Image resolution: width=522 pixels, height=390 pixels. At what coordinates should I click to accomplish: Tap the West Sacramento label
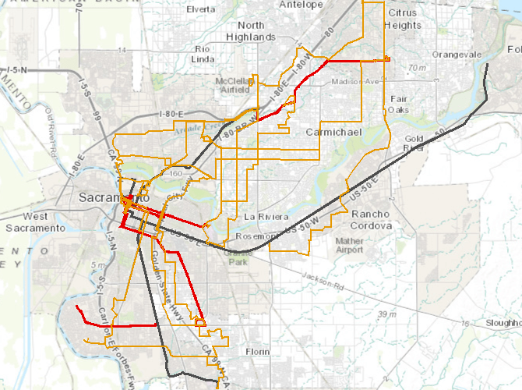(x=34, y=222)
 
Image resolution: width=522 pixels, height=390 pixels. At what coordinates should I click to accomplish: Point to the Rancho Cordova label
(x=371, y=220)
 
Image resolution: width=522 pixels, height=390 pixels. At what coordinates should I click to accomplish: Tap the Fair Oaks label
(x=399, y=105)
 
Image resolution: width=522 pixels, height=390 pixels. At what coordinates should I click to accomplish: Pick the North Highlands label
(x=251, y=30)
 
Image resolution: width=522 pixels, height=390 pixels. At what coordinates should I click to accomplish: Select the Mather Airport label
(x=349, y=246)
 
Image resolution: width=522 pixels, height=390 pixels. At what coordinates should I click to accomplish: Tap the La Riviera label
(x=266, y=215)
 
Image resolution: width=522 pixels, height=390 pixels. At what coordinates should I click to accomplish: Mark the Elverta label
(x=201, y=9)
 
